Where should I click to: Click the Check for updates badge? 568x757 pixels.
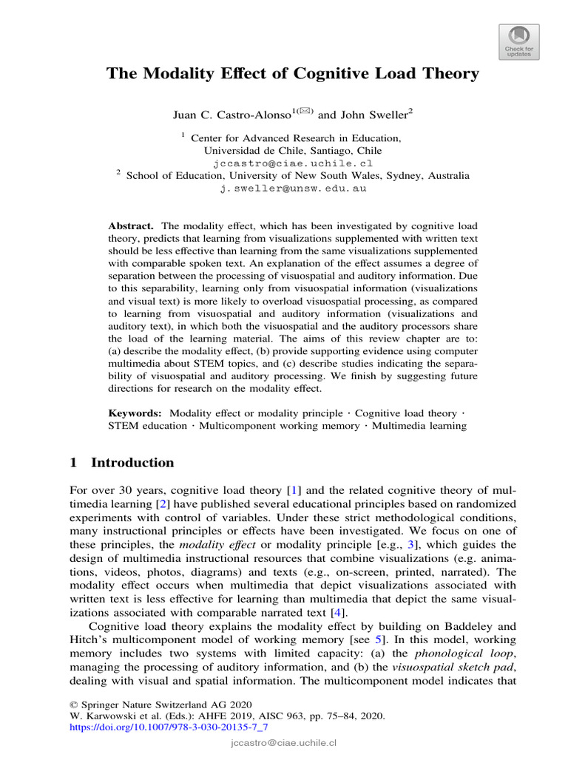(x=519, y=41)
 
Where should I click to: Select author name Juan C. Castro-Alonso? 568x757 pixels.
(x=230, y=114)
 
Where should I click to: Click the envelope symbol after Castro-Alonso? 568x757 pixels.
(x=306, y=111)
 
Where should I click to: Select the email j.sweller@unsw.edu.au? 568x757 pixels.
(x=292, y=189)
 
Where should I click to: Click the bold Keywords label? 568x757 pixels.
(x=135, y=413)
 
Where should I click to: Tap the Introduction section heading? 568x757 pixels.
(x=132, y=463)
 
